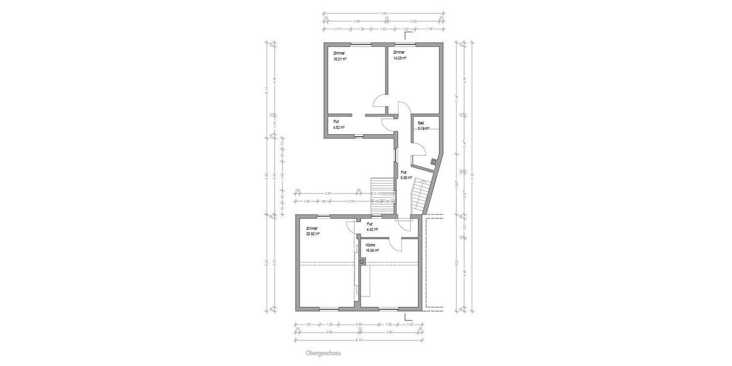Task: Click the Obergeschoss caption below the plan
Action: coord(323,353)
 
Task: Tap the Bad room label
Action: coord(420,123)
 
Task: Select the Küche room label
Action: coord(370,245)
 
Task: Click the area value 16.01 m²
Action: coord(340,59)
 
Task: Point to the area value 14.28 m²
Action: coord(400,59)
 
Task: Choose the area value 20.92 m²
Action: coord(313,234)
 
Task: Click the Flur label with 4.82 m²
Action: coord(336,121)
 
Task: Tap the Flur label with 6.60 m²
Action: coord(403,172)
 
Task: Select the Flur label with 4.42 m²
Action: coord(370,224)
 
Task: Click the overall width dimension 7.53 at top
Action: coord(383,13)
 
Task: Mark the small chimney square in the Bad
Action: coord(433,162)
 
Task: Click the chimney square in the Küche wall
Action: coord(362,262)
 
